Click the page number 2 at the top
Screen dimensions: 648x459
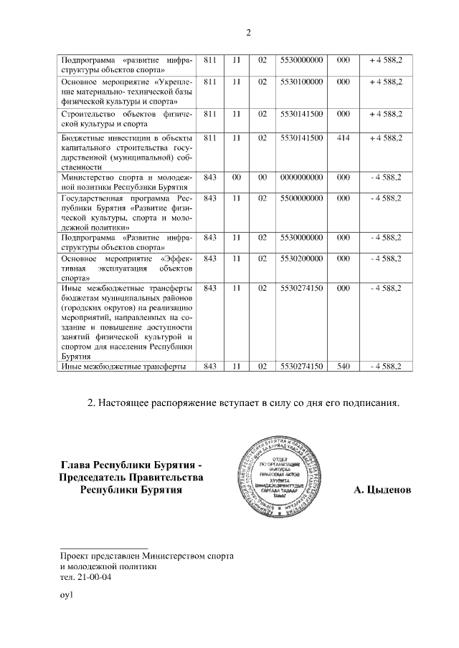tap(248, 32)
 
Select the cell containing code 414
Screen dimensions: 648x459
tap(343, 137)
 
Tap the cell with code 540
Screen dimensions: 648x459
tap(343, 367)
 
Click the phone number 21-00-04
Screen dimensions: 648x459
tap(93, 576)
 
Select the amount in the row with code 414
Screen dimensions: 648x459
tap(385, 137)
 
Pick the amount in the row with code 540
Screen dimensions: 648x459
tap(385, 367)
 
